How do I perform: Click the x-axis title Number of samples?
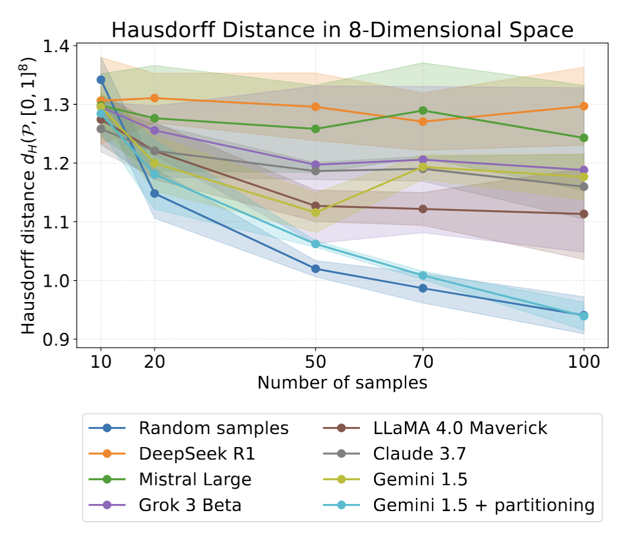coord(342,383)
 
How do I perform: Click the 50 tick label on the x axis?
coord(315,361)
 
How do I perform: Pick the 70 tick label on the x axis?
coord(423,361)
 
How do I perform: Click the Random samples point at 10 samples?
coord(101,79)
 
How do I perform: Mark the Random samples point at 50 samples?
coord(315,269)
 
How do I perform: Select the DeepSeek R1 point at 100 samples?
coord(584,106)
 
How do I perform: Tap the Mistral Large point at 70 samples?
coord(423,111)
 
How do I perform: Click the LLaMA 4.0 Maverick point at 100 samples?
coord(584,214)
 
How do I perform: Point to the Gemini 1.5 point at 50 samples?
coord(315,213)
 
